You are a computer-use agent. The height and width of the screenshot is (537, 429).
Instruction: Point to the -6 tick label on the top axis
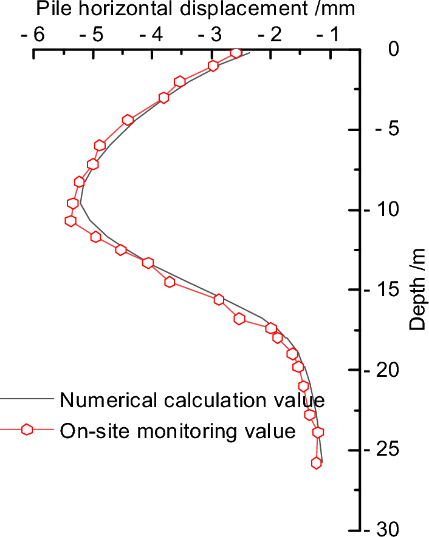33,35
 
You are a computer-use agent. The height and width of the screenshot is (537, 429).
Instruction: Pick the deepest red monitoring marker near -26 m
317,463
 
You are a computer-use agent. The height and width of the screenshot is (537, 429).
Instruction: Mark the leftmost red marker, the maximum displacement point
71,221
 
